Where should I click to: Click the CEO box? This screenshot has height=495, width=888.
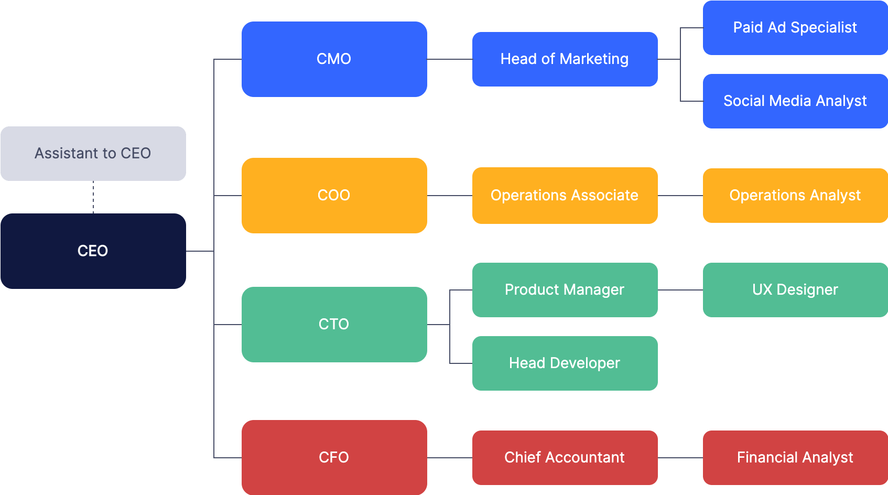93,251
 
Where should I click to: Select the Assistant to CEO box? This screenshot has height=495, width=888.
93,153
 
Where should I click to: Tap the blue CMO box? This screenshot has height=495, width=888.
334,59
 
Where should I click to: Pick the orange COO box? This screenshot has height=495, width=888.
334,195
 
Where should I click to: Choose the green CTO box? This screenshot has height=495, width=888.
334,324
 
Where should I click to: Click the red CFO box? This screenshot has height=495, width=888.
334,457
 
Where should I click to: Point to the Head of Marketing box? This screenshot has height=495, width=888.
565,59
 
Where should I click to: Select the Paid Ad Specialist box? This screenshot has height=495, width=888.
795,27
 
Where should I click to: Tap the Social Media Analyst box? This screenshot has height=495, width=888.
795,101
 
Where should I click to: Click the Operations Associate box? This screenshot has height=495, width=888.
565,195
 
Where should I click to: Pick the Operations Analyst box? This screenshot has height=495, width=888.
795,195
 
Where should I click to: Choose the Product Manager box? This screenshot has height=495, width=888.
565,289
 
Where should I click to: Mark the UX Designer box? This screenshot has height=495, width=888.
795,289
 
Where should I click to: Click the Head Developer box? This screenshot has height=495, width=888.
565,363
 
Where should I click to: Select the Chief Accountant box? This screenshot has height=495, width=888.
565,457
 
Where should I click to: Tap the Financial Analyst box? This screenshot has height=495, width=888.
795,457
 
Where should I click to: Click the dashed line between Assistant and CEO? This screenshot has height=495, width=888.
93,197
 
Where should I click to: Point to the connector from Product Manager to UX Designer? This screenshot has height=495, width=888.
680,290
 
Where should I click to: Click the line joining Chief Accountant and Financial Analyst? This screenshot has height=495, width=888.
680,458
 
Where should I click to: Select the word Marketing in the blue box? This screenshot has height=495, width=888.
594,59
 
